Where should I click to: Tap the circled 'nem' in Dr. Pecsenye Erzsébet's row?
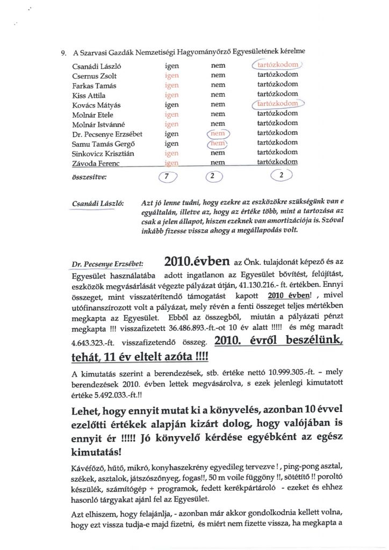tap(218, 133)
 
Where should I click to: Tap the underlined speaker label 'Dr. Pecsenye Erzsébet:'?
tap(105, 265)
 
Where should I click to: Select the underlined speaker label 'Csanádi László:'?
tap(98, 204)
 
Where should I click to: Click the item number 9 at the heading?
tap(63, 52)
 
